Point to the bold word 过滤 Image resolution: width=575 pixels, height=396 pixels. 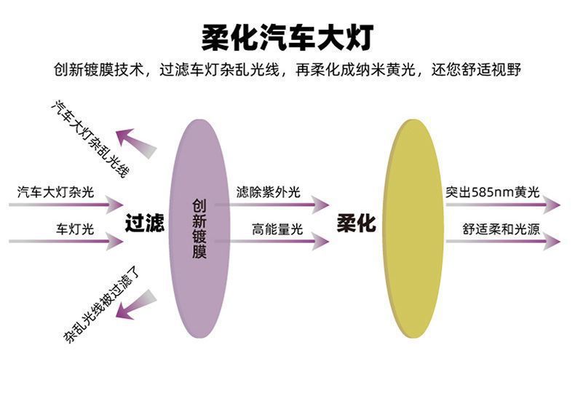pos(144,223)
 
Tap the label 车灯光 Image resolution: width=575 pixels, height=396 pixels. pos(76,229)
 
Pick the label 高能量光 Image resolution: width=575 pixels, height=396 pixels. pos(277,229)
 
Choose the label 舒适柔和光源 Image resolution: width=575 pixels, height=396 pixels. pos(501,229)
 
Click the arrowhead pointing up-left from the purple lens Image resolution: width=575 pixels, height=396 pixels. pos(127,138)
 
